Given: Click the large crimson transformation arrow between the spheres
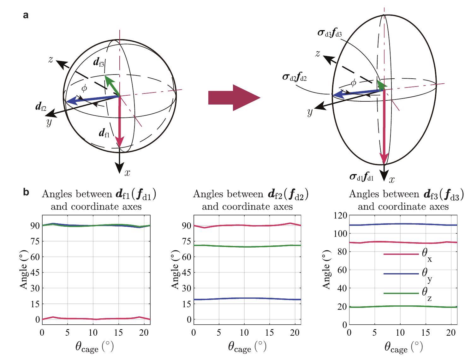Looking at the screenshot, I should pos(234,98).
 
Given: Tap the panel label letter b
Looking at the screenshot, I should pos(26,192).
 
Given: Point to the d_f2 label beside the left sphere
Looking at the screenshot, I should pos(41,107).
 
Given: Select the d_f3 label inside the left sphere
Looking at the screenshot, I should pos(99,62).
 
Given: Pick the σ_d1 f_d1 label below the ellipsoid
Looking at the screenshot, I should pos(361,177).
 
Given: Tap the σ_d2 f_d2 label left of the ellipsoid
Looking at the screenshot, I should pos(295,77).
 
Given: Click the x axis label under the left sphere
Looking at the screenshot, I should pos(127,173).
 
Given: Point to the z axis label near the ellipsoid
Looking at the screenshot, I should pos(318,53).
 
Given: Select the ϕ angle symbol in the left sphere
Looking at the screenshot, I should pos(84,88).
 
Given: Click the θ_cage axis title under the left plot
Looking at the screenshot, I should pos(94,347).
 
